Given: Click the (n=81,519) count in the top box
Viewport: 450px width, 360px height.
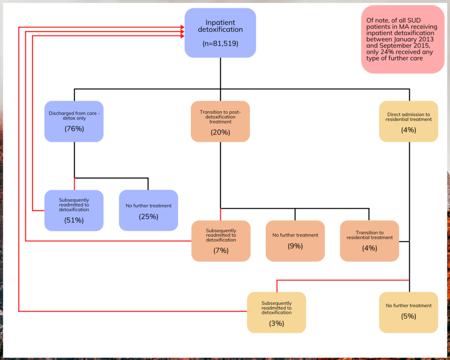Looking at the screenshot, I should click(x=220, y=44).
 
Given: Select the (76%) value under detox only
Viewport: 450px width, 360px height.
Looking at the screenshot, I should click(x=74, y=129).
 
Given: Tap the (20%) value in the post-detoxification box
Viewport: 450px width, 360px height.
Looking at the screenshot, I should click(x=220, y=132).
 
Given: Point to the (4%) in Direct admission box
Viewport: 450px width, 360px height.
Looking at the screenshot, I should click(x=408, y=130).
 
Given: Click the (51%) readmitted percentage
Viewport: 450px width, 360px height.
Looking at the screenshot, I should click(x=74, y=220).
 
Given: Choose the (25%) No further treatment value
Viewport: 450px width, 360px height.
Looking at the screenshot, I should click(x=149, y=216).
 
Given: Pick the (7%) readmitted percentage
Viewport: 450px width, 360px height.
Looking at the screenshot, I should click(x=221, y=251).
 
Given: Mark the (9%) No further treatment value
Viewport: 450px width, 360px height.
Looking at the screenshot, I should click(x=295, y=246).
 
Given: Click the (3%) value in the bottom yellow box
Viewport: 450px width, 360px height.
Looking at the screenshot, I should click(x=276, y=323).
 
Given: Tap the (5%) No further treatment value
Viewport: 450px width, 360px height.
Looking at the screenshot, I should click(x=408, y=316).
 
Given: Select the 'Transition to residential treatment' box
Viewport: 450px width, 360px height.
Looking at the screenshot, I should click(x=369, y=241).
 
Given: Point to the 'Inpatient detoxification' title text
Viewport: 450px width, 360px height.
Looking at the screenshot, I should click(x=220, y=26).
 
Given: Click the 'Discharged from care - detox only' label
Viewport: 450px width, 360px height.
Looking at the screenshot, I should click(x=74, y=116).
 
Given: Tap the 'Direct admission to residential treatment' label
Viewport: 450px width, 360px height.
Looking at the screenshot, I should click(x=408, y=117).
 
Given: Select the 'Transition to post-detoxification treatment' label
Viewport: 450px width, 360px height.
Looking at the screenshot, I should click(x=220, y=117).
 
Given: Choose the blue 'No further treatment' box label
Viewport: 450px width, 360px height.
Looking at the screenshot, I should click(x=149, y=205).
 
